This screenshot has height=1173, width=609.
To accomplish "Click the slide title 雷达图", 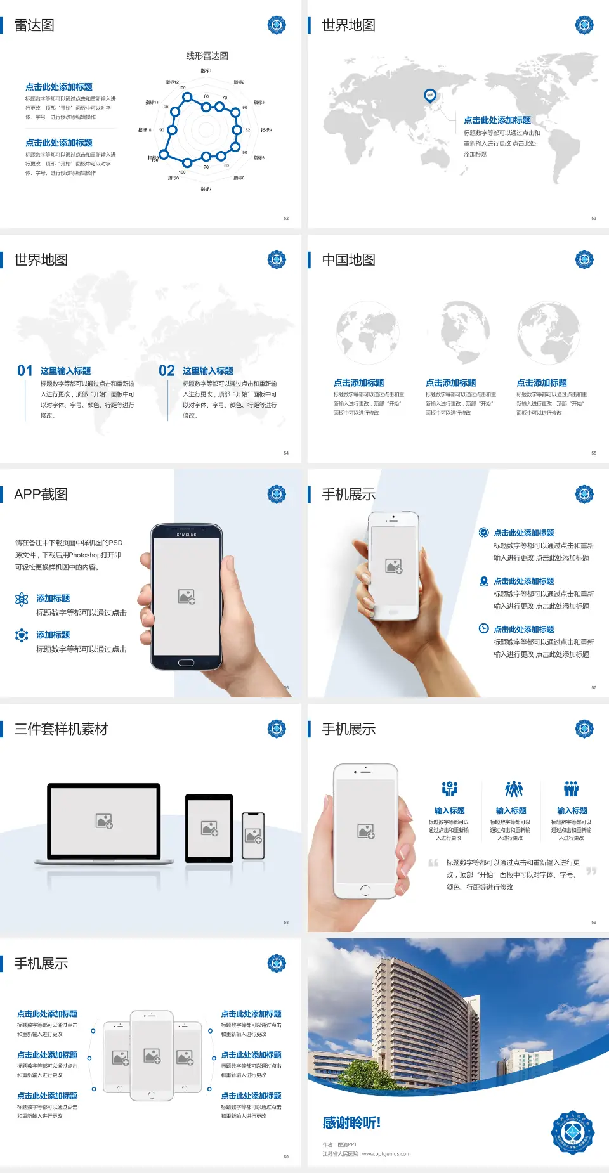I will (x=34, y=25).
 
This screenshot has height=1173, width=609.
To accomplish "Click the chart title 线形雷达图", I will (x=207, y=56).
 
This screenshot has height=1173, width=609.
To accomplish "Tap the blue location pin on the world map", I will (x=430, y=96).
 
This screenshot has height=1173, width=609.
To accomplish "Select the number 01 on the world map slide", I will (x=25, y=371).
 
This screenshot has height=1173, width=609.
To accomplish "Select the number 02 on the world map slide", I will (x=167, y=371).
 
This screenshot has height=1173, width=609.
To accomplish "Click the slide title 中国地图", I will (x=348, y=260).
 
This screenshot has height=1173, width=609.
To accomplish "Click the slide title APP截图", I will (x=41, y=495).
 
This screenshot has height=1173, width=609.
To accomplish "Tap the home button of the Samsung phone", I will (x=186, y=663).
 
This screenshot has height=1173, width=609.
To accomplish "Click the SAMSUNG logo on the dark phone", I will (x=187, y=535).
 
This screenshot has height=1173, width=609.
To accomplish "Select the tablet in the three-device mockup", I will (x=209, y=828).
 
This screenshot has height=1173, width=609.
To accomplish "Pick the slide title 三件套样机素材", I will (x=61, y=729).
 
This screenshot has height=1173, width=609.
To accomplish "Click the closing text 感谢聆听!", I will (x=351, y=1123).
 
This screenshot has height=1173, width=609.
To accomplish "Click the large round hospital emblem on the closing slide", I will (x=572, y=1132).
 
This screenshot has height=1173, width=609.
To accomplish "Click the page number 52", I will (x=286, y=218).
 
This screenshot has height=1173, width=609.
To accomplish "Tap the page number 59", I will (x=594, y=922).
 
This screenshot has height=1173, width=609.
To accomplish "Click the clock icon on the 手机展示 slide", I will (x=483, y=628).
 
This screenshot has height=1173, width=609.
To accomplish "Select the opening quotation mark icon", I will (x=433, y=863).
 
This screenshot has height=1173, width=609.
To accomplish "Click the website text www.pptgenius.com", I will (x=386, y=1154).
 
